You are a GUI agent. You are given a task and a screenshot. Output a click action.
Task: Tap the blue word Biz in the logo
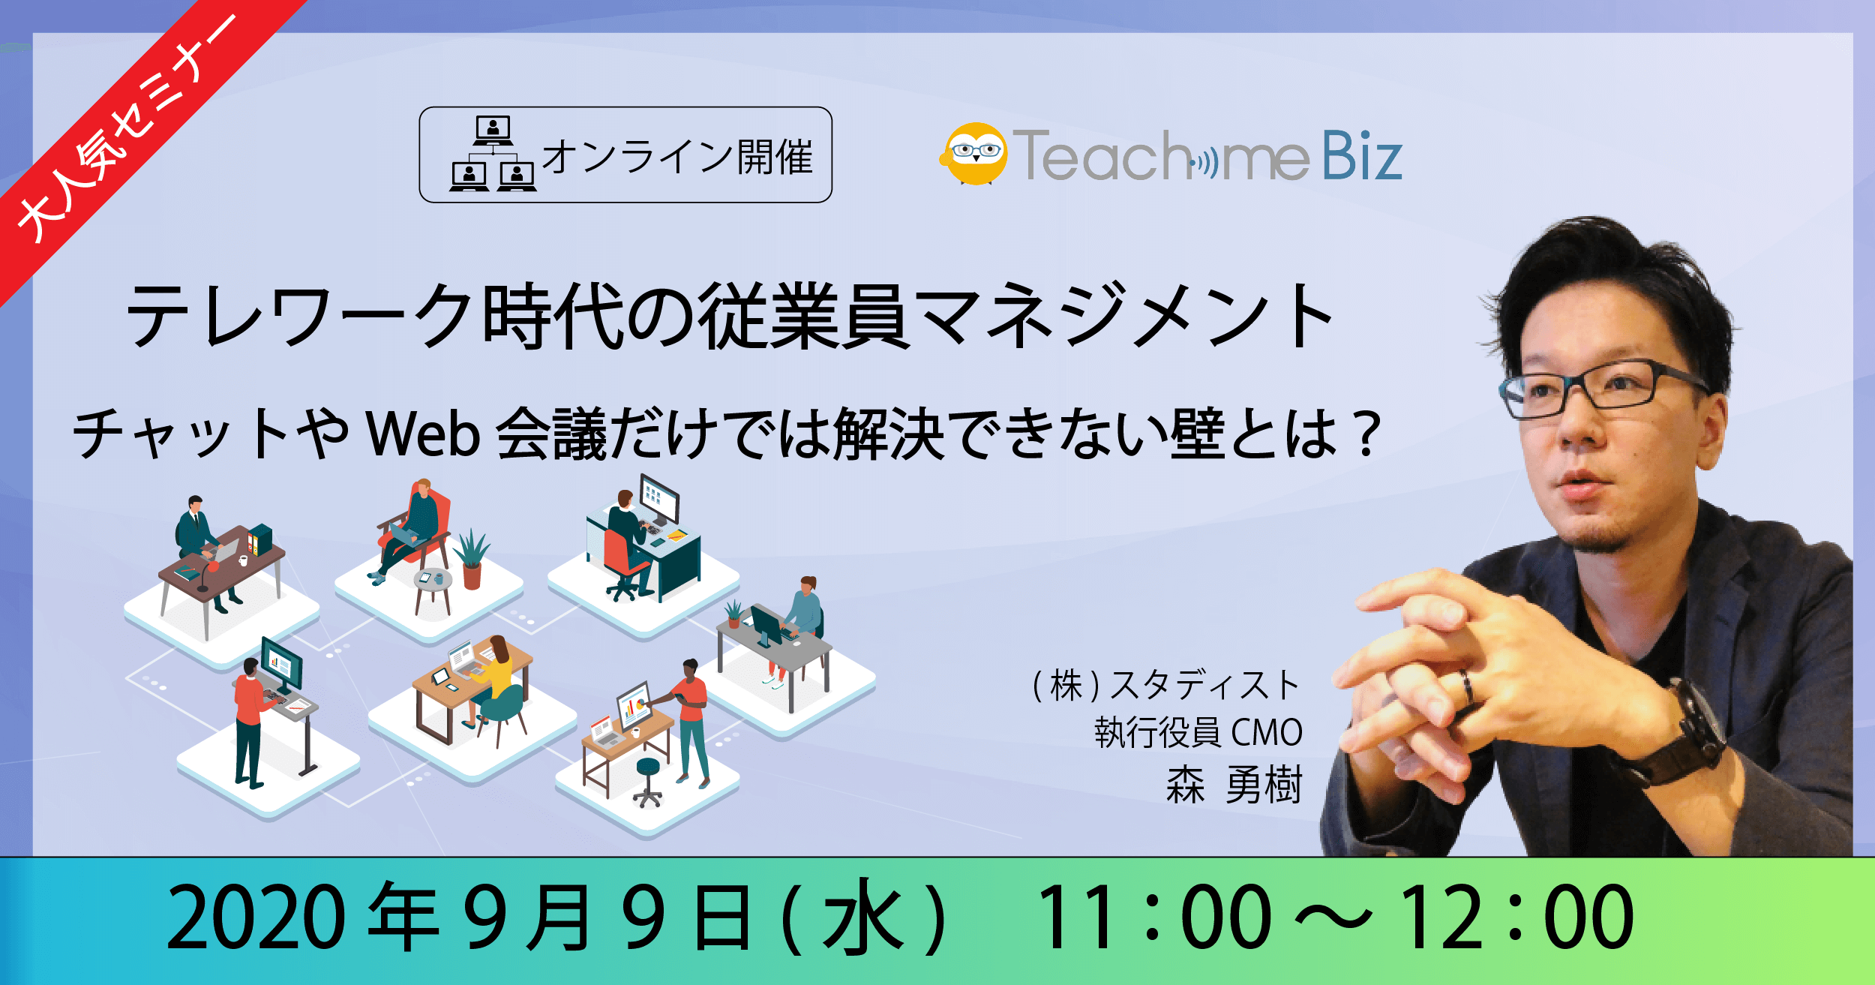[x=1361, y=156]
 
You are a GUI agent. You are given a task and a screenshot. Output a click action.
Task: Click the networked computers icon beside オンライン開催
[x=493, y=154]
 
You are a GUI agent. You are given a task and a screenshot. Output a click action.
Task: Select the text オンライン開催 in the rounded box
[x=677, y=157]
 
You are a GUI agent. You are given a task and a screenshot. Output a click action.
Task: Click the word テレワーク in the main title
[x=301, y=316]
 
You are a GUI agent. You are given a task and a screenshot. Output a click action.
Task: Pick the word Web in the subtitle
[x=424, y=434]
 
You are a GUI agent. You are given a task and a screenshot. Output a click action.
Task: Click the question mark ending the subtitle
[x=1369, y=434]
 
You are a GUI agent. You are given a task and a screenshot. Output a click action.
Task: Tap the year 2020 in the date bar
[x=256, y=917]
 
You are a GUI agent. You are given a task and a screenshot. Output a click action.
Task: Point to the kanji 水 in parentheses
[x=862, y=917]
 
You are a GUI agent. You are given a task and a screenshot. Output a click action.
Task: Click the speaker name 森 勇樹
[x=1234, y=785]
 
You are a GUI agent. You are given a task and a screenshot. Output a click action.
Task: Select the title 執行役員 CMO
[x=1198, y=732]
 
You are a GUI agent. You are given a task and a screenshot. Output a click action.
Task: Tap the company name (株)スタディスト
[x=1165, y=685]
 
